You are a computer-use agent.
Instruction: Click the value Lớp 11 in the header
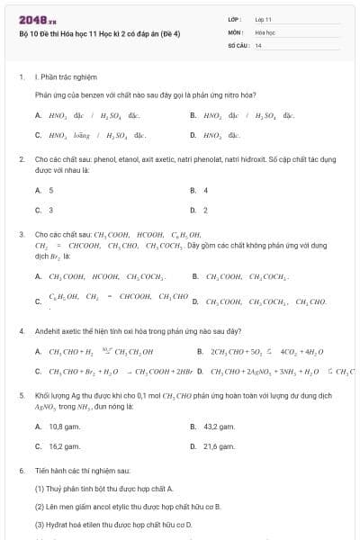pos(263,18)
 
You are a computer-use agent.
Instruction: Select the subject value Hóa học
pos(265,31)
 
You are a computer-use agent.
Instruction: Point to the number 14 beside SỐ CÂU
pos(258,44)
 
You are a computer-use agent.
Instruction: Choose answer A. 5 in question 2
pos(45,191)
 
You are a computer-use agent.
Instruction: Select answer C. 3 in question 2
pos(45,210)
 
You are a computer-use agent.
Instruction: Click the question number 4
pos(21,331)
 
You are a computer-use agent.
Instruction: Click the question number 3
pos(21,234)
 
